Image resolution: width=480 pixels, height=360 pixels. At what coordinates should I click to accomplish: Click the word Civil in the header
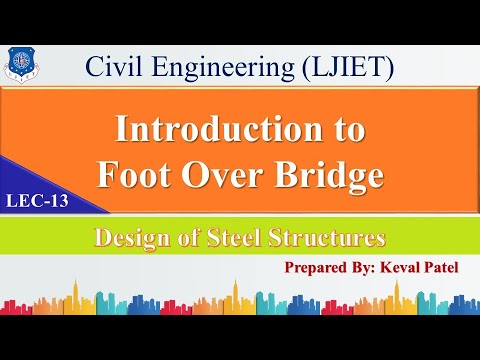click(x=112, y=68)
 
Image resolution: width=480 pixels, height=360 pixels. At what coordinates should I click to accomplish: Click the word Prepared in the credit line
click(x=318, y=268)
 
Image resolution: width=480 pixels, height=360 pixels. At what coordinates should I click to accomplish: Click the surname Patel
click(x=448, y=268)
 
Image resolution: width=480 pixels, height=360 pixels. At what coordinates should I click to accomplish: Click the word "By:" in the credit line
click(x=368, y=268)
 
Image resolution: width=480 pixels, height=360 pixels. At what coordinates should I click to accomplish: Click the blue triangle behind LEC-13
click(x=40, y=185)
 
